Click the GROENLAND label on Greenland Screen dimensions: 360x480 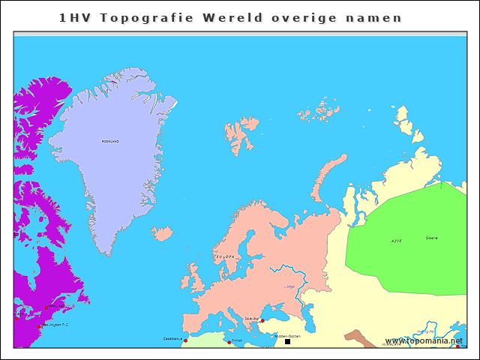coord(110,141)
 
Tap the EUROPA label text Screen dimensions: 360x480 coord(225,257)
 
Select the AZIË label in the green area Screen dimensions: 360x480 coord(396,241)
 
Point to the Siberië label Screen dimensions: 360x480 coord(431,238)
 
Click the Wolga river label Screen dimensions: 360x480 coord(289,286)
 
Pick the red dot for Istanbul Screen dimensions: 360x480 coord(262,321)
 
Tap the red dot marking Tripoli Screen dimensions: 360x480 coord(229,343)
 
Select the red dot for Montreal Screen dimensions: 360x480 coord(46,307)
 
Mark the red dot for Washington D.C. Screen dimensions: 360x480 coord(40,326)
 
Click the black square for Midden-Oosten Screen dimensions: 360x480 coord(287,341)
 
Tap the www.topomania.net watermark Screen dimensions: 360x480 coord(424,340)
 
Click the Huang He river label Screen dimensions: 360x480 coord(425,331)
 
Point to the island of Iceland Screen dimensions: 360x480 coord(162,234)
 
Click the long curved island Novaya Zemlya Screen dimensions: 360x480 coord(326,176)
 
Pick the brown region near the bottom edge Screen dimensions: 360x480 coord(367,341)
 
